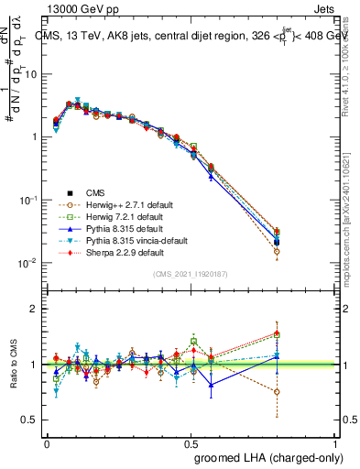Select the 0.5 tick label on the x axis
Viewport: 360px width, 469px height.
(x=191, y=442)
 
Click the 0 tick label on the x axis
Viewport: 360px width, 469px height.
(x=47, y=442)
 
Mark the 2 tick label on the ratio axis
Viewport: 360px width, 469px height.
(x=33, y=309)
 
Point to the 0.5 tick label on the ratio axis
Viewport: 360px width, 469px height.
(x=29, y=420)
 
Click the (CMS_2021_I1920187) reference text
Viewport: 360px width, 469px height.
(x=191, y=274)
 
